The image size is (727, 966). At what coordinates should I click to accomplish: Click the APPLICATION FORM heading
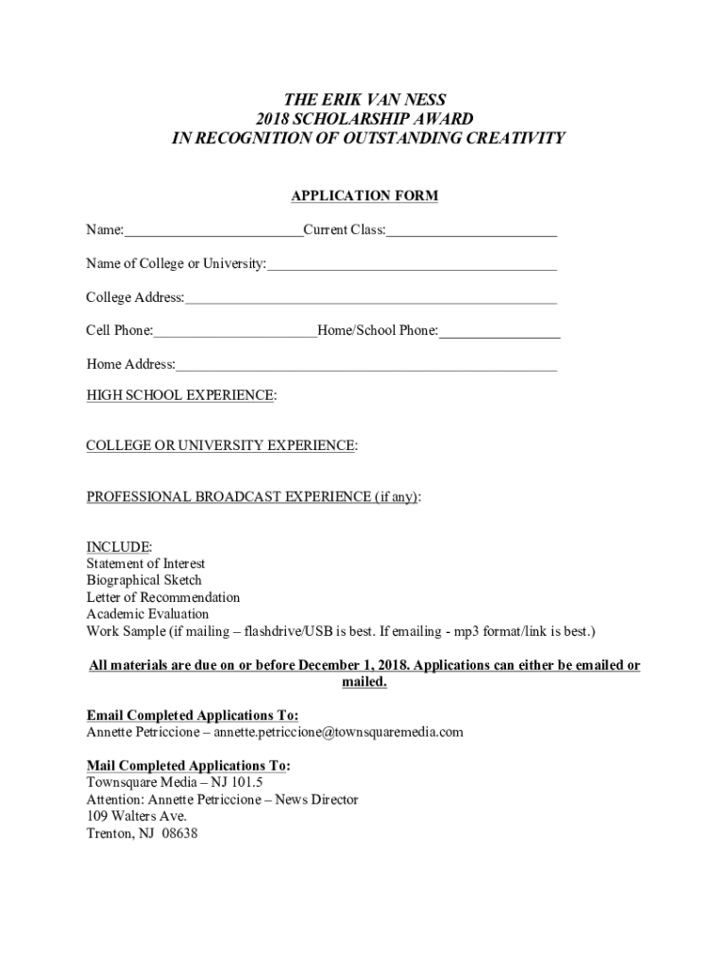coord(363,196)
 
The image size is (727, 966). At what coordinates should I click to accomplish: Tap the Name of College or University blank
coord(412,266)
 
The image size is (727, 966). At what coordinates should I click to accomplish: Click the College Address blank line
coord(371,300)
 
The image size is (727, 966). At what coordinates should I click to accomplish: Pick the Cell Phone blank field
coord(235,333)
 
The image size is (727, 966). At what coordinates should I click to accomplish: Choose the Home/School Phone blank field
coord(499,333)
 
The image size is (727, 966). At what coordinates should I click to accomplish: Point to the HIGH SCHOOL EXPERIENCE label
coord(181,395)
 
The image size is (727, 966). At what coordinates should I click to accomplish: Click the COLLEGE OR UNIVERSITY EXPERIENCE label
coord(222,445)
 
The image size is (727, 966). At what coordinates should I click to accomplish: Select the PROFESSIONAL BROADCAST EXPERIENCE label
coord(253,496)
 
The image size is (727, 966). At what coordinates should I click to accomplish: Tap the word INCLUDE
coord(119,547)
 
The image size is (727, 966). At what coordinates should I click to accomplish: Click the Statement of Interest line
coord(145,564)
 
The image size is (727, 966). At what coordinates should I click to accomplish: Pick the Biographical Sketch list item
coord(144,580)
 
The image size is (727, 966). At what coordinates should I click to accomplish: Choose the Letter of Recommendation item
coord(162,597)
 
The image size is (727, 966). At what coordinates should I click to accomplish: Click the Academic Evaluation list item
coord(147,614)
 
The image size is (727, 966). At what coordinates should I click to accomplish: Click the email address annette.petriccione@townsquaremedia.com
coord(338,732)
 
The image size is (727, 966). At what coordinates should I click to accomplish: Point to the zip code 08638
coord(179,834)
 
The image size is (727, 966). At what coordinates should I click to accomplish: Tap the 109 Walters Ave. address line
coord(136,817)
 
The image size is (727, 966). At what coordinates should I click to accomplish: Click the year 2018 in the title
coord(274,119)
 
